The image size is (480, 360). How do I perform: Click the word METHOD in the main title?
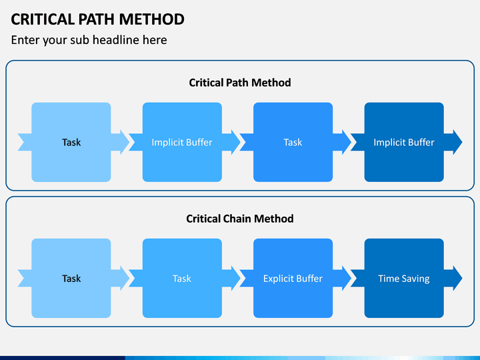coord(151,19)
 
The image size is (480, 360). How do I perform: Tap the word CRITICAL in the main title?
coord(43,19)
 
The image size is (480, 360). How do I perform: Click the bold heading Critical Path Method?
coord(240,83)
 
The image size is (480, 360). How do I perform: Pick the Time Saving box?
coord(404,278)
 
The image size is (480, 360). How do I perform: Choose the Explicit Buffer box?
coord(293,278)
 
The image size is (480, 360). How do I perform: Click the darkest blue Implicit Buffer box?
coord(404,142)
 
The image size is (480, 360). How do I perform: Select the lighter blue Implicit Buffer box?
coord(182,142)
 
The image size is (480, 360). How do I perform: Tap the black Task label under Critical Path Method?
coord(71,143)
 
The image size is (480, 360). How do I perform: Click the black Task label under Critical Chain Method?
coord(71,279)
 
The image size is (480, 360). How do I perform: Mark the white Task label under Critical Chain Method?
coord(182,279)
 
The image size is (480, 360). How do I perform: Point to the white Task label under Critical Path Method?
coord(293,143)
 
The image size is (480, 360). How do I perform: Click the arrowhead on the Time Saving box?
coord(456,278)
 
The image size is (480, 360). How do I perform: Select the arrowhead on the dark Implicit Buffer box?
coord(456,142)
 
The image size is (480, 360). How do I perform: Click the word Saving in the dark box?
coord(415,279)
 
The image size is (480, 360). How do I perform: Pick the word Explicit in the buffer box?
coord(277,279)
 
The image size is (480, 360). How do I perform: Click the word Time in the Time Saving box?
coord(389,279)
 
